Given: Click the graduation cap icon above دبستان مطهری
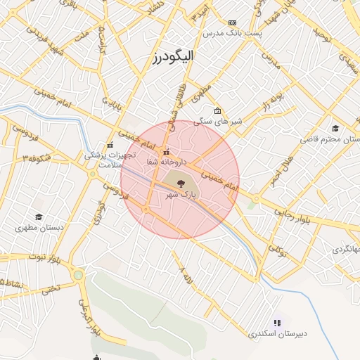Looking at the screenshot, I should click(x=38, y=217).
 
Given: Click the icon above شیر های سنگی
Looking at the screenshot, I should click(x=217, y=111).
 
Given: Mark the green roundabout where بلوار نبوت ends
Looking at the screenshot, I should click(x=78, y=275).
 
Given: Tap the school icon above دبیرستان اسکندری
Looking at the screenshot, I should click(x=277, y=323).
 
